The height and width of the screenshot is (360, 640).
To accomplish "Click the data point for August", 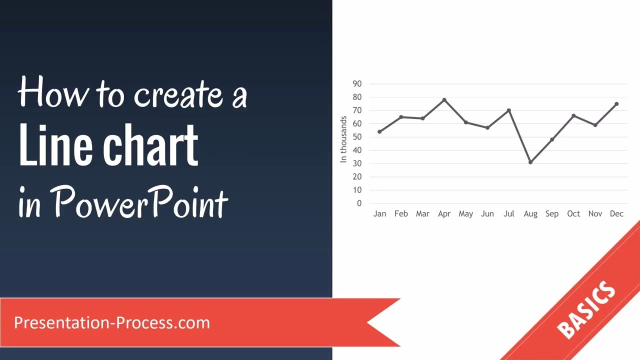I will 530,162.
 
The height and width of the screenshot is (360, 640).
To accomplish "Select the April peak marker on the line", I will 444,100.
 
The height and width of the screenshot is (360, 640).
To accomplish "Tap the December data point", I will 616,104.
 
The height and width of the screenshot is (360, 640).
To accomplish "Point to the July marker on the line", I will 509,110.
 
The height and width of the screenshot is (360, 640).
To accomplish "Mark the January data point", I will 379,132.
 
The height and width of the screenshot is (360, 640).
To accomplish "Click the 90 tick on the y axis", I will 357,84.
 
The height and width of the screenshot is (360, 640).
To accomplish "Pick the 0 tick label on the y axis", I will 359,203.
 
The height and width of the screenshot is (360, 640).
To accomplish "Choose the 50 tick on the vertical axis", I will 357,137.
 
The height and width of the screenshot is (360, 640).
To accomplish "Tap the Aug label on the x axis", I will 530,214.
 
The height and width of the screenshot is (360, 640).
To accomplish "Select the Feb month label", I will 401,214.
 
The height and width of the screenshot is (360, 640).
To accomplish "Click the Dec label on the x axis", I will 616,214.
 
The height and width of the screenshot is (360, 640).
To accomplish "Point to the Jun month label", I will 487,214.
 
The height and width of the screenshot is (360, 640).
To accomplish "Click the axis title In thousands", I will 343,139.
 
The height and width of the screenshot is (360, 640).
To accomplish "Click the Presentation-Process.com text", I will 112,323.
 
